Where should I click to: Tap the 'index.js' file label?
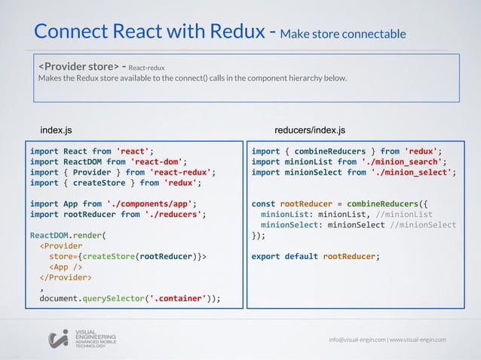57,130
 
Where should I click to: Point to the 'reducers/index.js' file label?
311,130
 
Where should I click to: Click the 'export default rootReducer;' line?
315,255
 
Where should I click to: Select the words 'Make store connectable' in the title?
342,35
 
